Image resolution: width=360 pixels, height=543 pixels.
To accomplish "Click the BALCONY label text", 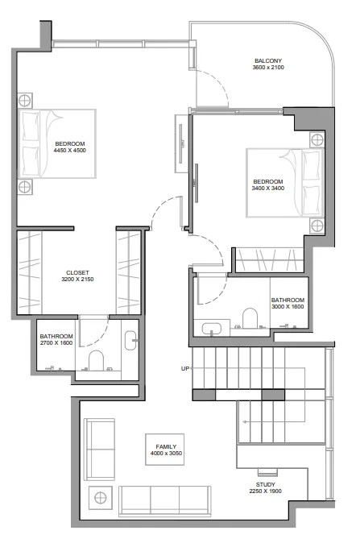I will click(x=267, y=60).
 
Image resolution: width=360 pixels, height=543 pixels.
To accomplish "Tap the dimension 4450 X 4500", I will click(x=69, y=150).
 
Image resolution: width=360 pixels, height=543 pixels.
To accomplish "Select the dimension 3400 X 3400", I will click(x=267, y=189).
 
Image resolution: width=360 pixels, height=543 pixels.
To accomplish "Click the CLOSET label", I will click(x=77, y=272).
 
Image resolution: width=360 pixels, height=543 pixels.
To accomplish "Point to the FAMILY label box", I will click(x=166, y=446).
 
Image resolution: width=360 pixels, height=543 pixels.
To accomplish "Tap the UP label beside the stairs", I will click(x=185, y=369).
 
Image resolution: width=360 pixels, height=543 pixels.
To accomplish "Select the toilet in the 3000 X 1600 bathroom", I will click(x=250, y=319).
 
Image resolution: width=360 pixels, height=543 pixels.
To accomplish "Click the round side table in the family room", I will click(x=101, y=497).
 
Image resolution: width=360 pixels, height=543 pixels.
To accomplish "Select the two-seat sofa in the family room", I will click(x=99, y=448).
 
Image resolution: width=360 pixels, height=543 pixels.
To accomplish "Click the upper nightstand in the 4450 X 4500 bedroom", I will click(x=26, y=101).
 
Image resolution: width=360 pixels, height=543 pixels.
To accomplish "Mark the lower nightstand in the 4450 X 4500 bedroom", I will click(x=26, y=187).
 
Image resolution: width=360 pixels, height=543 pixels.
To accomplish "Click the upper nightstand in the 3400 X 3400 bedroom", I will click(x=316, y=139).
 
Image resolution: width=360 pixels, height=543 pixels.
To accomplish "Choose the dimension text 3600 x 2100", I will click(x=267, y=68).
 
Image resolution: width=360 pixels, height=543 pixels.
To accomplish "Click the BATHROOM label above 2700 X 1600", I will click(x=56, y=336).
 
